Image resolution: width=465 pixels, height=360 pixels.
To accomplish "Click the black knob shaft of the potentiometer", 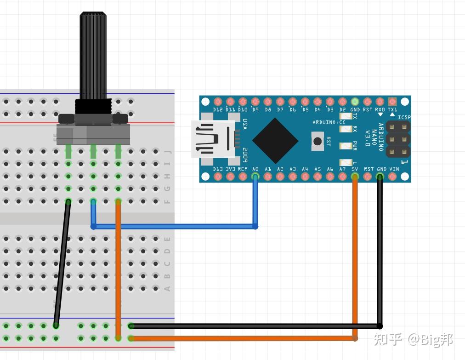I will [93, 55].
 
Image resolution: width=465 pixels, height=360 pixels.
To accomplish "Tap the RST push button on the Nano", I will [318, 140].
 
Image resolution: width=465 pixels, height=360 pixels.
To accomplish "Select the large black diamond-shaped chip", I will [275, 141].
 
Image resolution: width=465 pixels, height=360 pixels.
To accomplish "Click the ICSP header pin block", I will [397, 139].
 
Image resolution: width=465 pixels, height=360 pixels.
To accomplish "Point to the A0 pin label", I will [255, 169].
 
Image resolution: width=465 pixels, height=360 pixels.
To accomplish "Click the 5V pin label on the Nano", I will [355, 169].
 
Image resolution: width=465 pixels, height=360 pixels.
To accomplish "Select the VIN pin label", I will [394, 169].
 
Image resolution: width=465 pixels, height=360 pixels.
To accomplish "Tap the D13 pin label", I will [218, 169].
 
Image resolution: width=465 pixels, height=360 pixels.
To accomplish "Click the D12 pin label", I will [218, 110].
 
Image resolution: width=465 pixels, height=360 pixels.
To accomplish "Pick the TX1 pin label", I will [392, 110].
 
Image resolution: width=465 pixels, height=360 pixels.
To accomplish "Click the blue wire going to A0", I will [175, 226].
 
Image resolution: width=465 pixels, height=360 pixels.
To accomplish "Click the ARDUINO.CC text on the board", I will [329, 122].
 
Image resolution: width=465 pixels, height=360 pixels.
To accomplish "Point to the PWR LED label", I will [354, 146].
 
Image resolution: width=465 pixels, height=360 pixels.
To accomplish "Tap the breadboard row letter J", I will [167, 151].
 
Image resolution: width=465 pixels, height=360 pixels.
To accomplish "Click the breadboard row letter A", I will [167, 289].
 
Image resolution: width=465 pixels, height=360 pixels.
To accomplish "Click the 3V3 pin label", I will [230, 169].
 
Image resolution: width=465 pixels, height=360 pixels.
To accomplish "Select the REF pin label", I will [243, 169].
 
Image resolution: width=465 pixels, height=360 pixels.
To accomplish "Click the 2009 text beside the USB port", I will [245, 155].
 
